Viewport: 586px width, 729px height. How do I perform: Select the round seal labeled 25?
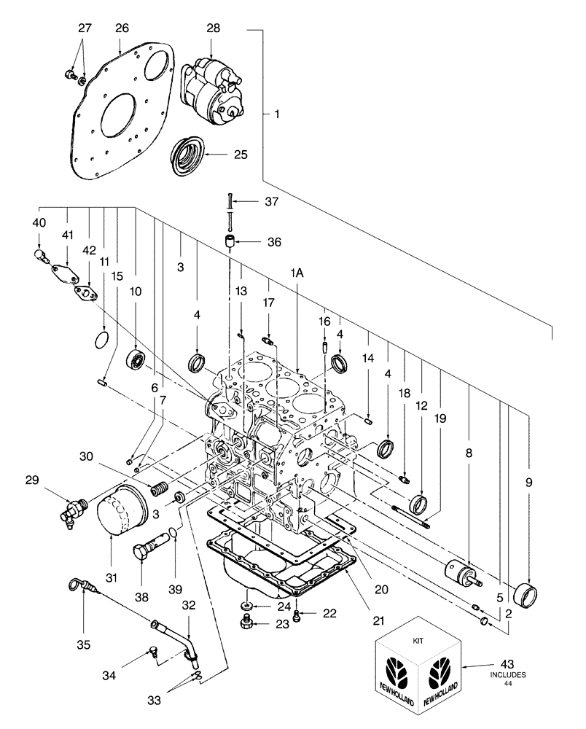point(186,153)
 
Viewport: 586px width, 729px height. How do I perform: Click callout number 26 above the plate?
point(121,28)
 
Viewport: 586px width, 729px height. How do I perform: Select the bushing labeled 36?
point(230,241)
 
